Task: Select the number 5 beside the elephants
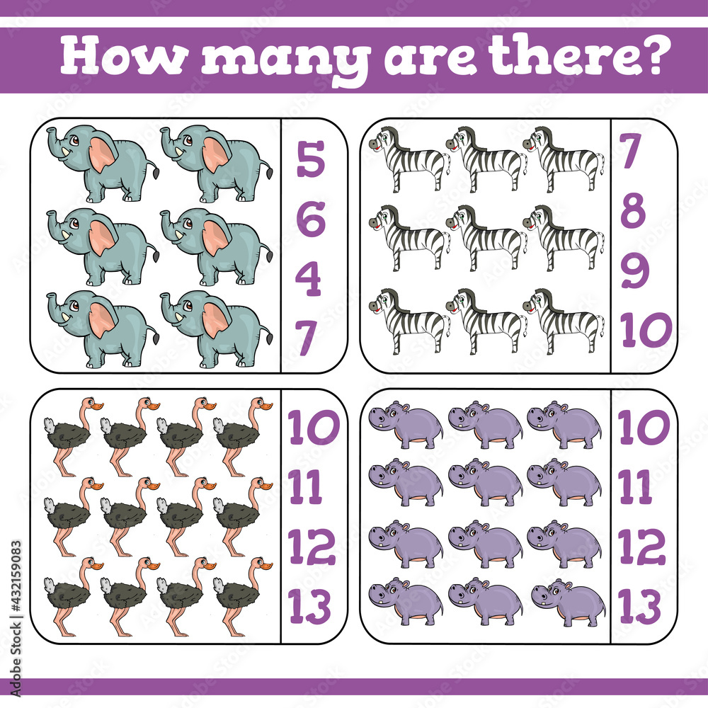pos(310,159)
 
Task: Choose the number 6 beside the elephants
pos(310,219)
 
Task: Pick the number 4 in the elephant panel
pos(309,279)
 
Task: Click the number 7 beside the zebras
pos(632,151)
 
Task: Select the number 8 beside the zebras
pos(633,210)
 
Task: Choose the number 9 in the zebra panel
pos(635,271)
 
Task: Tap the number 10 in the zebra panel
pos(646,330)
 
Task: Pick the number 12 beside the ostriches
pos(312,546)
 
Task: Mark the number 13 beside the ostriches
pos(310,606)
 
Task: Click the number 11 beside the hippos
pos(635,486)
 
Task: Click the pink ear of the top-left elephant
pos(102,154)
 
